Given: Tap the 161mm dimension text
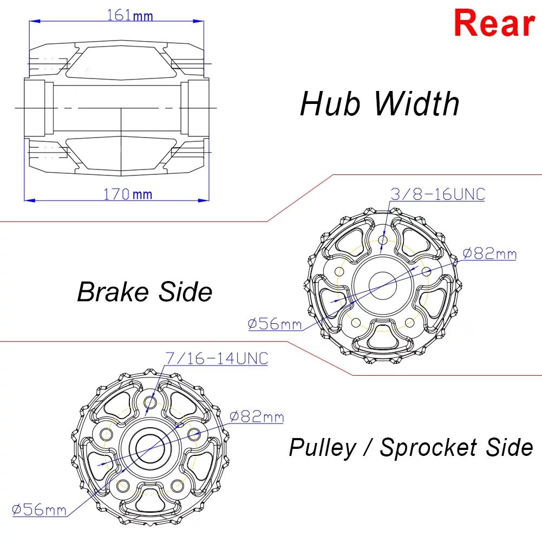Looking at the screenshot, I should pyautogui.click(x=130, y=15).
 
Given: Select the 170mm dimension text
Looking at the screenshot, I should pyautogui.click(x=128, y=194).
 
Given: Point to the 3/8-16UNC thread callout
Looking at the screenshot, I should pyautogui.click(x=437, y=194).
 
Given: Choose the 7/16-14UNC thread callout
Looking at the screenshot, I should pyautogui.click(x=217, y=358).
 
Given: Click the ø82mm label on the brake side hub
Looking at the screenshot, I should pyautogui.click(x=489, y=253).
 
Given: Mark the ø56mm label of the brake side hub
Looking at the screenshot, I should pyautogui.click(x=275, y=324).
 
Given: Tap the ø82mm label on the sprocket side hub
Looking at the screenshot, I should pyautogui.click(x=256, y=416).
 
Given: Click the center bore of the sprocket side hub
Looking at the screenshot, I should pyautogui.click(x=149, y=447).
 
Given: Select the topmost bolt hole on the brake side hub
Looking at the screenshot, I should pyautogui.click(x=383, y=240).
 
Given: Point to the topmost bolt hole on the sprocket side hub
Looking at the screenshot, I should pyautogui.click(x=151, y=403).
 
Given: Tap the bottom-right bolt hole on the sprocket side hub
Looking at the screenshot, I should pyautogui.click(x=177, y=484).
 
